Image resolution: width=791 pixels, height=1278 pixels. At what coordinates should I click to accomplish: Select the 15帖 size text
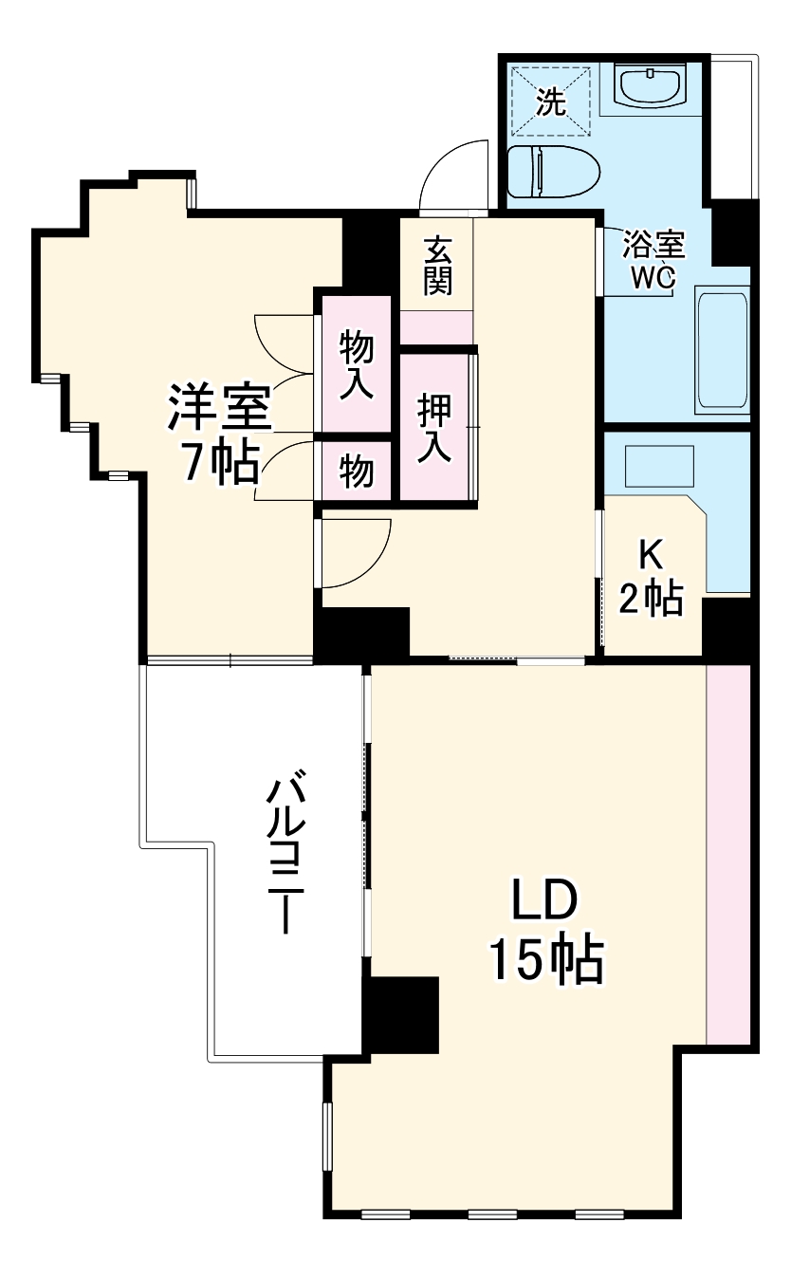pos(546,960)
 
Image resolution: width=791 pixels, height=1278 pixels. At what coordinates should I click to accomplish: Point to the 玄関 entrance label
pos(437,266)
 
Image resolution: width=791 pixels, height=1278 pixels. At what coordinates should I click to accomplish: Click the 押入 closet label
pos(435,428)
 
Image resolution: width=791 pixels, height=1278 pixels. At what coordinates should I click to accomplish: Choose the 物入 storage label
pos(357,364)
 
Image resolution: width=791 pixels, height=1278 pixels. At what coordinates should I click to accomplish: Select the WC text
pos(653,277)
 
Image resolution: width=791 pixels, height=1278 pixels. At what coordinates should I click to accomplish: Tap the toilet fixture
pos(553,172)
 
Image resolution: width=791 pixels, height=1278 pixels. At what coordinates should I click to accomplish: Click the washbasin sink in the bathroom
pos(653,86)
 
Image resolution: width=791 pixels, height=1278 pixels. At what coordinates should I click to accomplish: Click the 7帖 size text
pos(220,462)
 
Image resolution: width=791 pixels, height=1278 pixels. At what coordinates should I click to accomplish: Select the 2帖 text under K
pos(652,598)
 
